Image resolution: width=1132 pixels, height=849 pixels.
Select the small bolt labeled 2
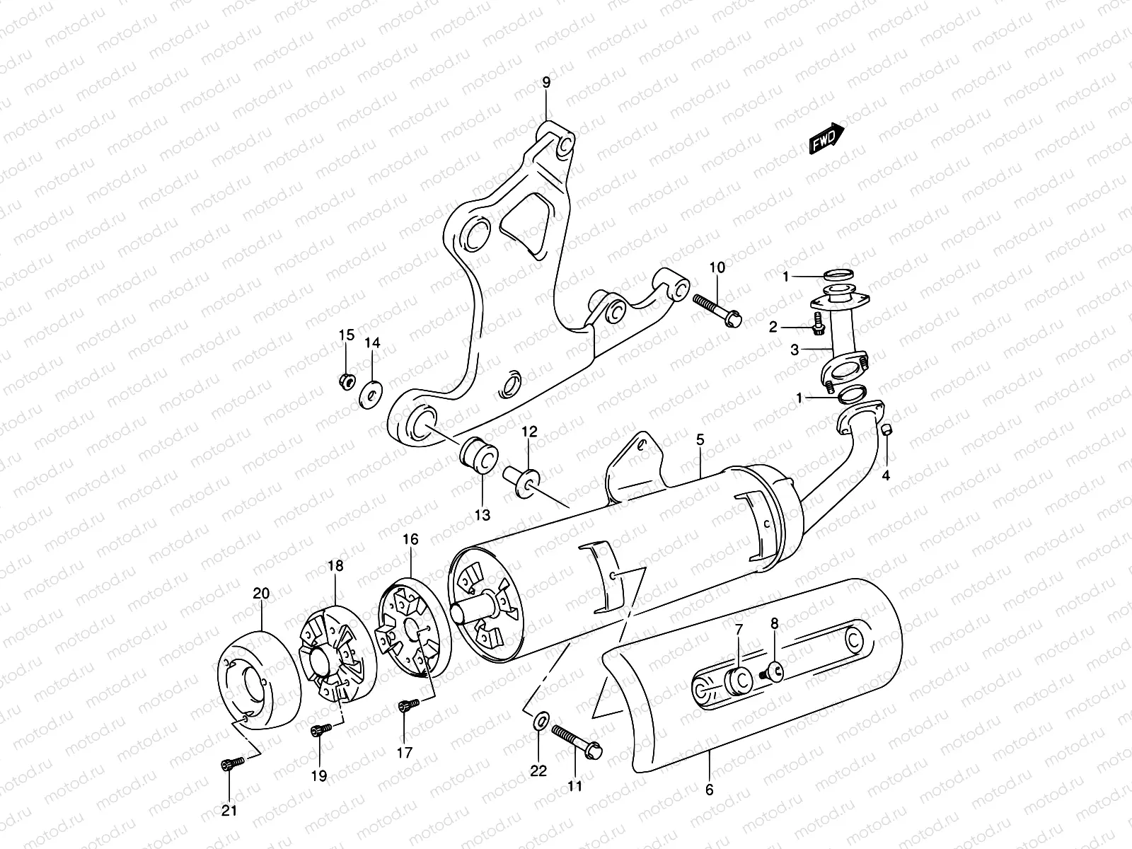point(819,326)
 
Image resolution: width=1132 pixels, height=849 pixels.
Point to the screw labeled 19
point(320,729)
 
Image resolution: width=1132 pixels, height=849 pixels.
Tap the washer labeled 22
point(538,721)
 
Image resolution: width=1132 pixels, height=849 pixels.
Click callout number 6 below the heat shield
point(709,790)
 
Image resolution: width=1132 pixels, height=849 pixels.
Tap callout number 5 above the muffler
point(700,440)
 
